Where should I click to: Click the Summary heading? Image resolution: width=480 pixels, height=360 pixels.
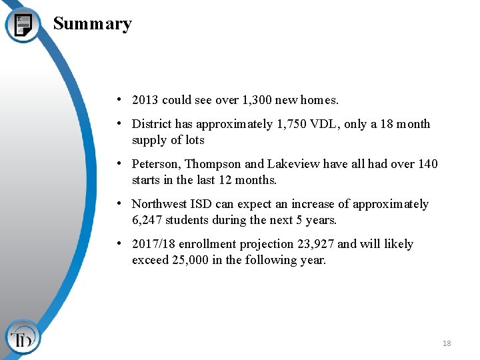92,24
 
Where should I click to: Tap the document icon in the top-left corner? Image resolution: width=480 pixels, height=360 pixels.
23,24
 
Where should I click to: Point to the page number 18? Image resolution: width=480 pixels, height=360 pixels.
446,343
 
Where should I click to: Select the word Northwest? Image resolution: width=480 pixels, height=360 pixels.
160,204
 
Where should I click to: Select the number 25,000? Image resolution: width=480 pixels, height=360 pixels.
189,260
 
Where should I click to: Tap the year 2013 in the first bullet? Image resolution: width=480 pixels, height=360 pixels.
145,100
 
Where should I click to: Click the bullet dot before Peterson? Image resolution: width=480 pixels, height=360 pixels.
117,163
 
